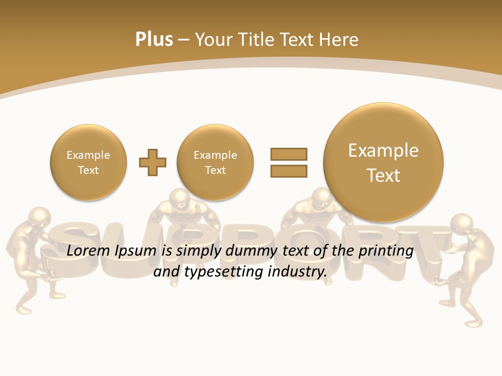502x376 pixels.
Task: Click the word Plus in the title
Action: [154, 40]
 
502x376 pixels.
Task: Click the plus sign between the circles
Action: [153, 162]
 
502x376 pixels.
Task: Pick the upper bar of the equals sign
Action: [289, 154]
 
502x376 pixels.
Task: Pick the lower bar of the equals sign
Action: [289, 171]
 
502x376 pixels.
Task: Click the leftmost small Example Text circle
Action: [88, 162]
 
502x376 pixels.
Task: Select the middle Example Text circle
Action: [215, 162]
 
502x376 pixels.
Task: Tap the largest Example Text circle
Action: [383, 162]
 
